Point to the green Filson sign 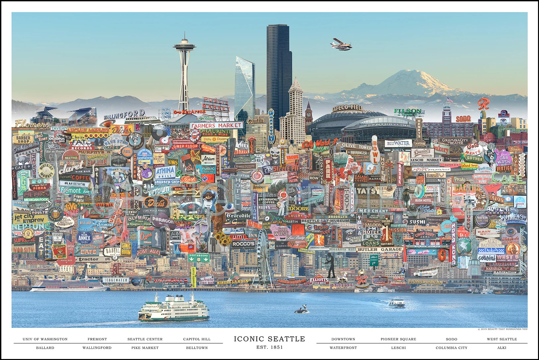408,111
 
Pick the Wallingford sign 124,115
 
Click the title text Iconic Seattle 269,339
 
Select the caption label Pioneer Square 398,339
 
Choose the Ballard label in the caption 45,348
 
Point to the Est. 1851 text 269,347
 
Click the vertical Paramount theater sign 271,126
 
